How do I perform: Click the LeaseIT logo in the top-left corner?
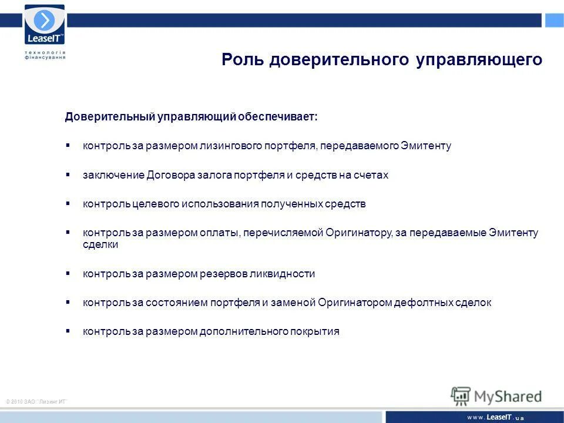click(x=45, y=25)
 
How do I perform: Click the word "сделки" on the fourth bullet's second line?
click(x=100, y=244)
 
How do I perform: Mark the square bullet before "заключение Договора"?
click(x=68, y=174)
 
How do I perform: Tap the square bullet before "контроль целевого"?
click(x=68, y=203)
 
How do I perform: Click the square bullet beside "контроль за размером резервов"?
click(x=68, y=273)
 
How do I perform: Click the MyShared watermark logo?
click(x=496, y=395)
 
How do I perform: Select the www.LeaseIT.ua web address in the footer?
click(x=495, y=417)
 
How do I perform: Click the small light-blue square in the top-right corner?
click(x=554, y=21)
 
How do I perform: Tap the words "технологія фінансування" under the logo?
click(x=45, y=55)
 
